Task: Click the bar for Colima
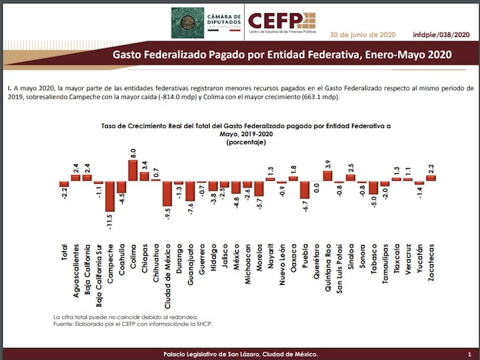click(x=133, y=171)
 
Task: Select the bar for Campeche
click(x=110, y=196)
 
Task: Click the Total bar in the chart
click(x=64, y=184)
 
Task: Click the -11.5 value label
click(x=110, y=222)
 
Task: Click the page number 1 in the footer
click(x=469, y=354)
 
